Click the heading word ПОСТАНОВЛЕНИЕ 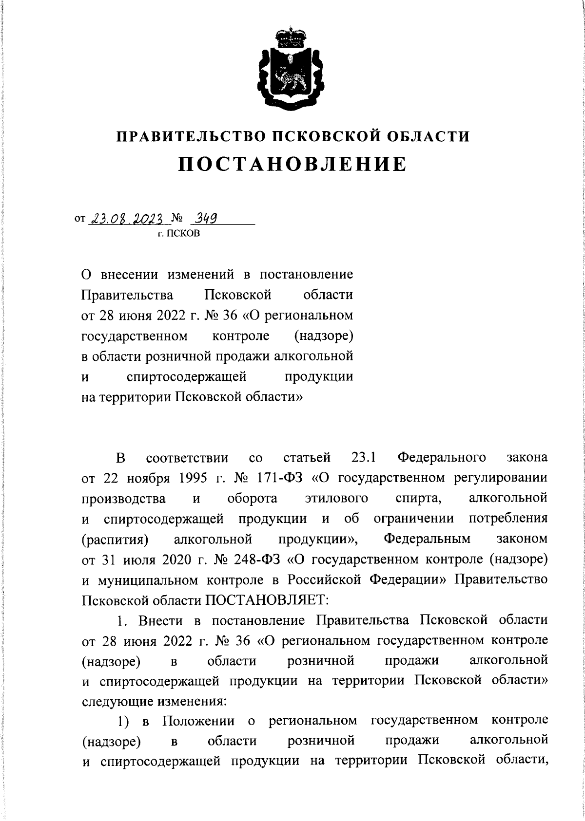[x=292, y=165]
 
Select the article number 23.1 [x=363, y=458]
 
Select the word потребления [x=507, y=519]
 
